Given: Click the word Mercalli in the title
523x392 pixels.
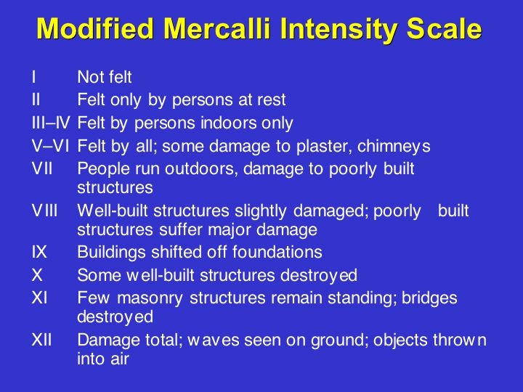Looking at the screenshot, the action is [x=216, y=28].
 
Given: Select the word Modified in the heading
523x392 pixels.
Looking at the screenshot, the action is [x=95, y=28].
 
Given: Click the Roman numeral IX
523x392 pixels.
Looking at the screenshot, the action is [x=39, y=252].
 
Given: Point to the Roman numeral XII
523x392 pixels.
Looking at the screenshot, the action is [x=42, y=340].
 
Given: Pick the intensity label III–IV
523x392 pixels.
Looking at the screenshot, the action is [x=51, y=123].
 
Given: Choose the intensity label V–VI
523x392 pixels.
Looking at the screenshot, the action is [x=51, y=146].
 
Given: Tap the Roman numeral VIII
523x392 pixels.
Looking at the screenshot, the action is [x=45, y=211].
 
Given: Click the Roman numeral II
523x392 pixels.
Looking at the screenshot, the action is [x=36, y=99].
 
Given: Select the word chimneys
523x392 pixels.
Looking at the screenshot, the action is [x=394, y=147].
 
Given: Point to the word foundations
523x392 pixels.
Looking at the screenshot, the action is [x=277, y=252].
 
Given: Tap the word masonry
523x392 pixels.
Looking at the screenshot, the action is [x=150, y=298].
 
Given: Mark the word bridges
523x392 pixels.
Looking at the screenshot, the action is [x=429, y=298].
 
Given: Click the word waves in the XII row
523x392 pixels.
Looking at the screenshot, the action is [x=214, y=340].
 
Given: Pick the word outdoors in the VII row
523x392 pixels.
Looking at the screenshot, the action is [x=200, y=169].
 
